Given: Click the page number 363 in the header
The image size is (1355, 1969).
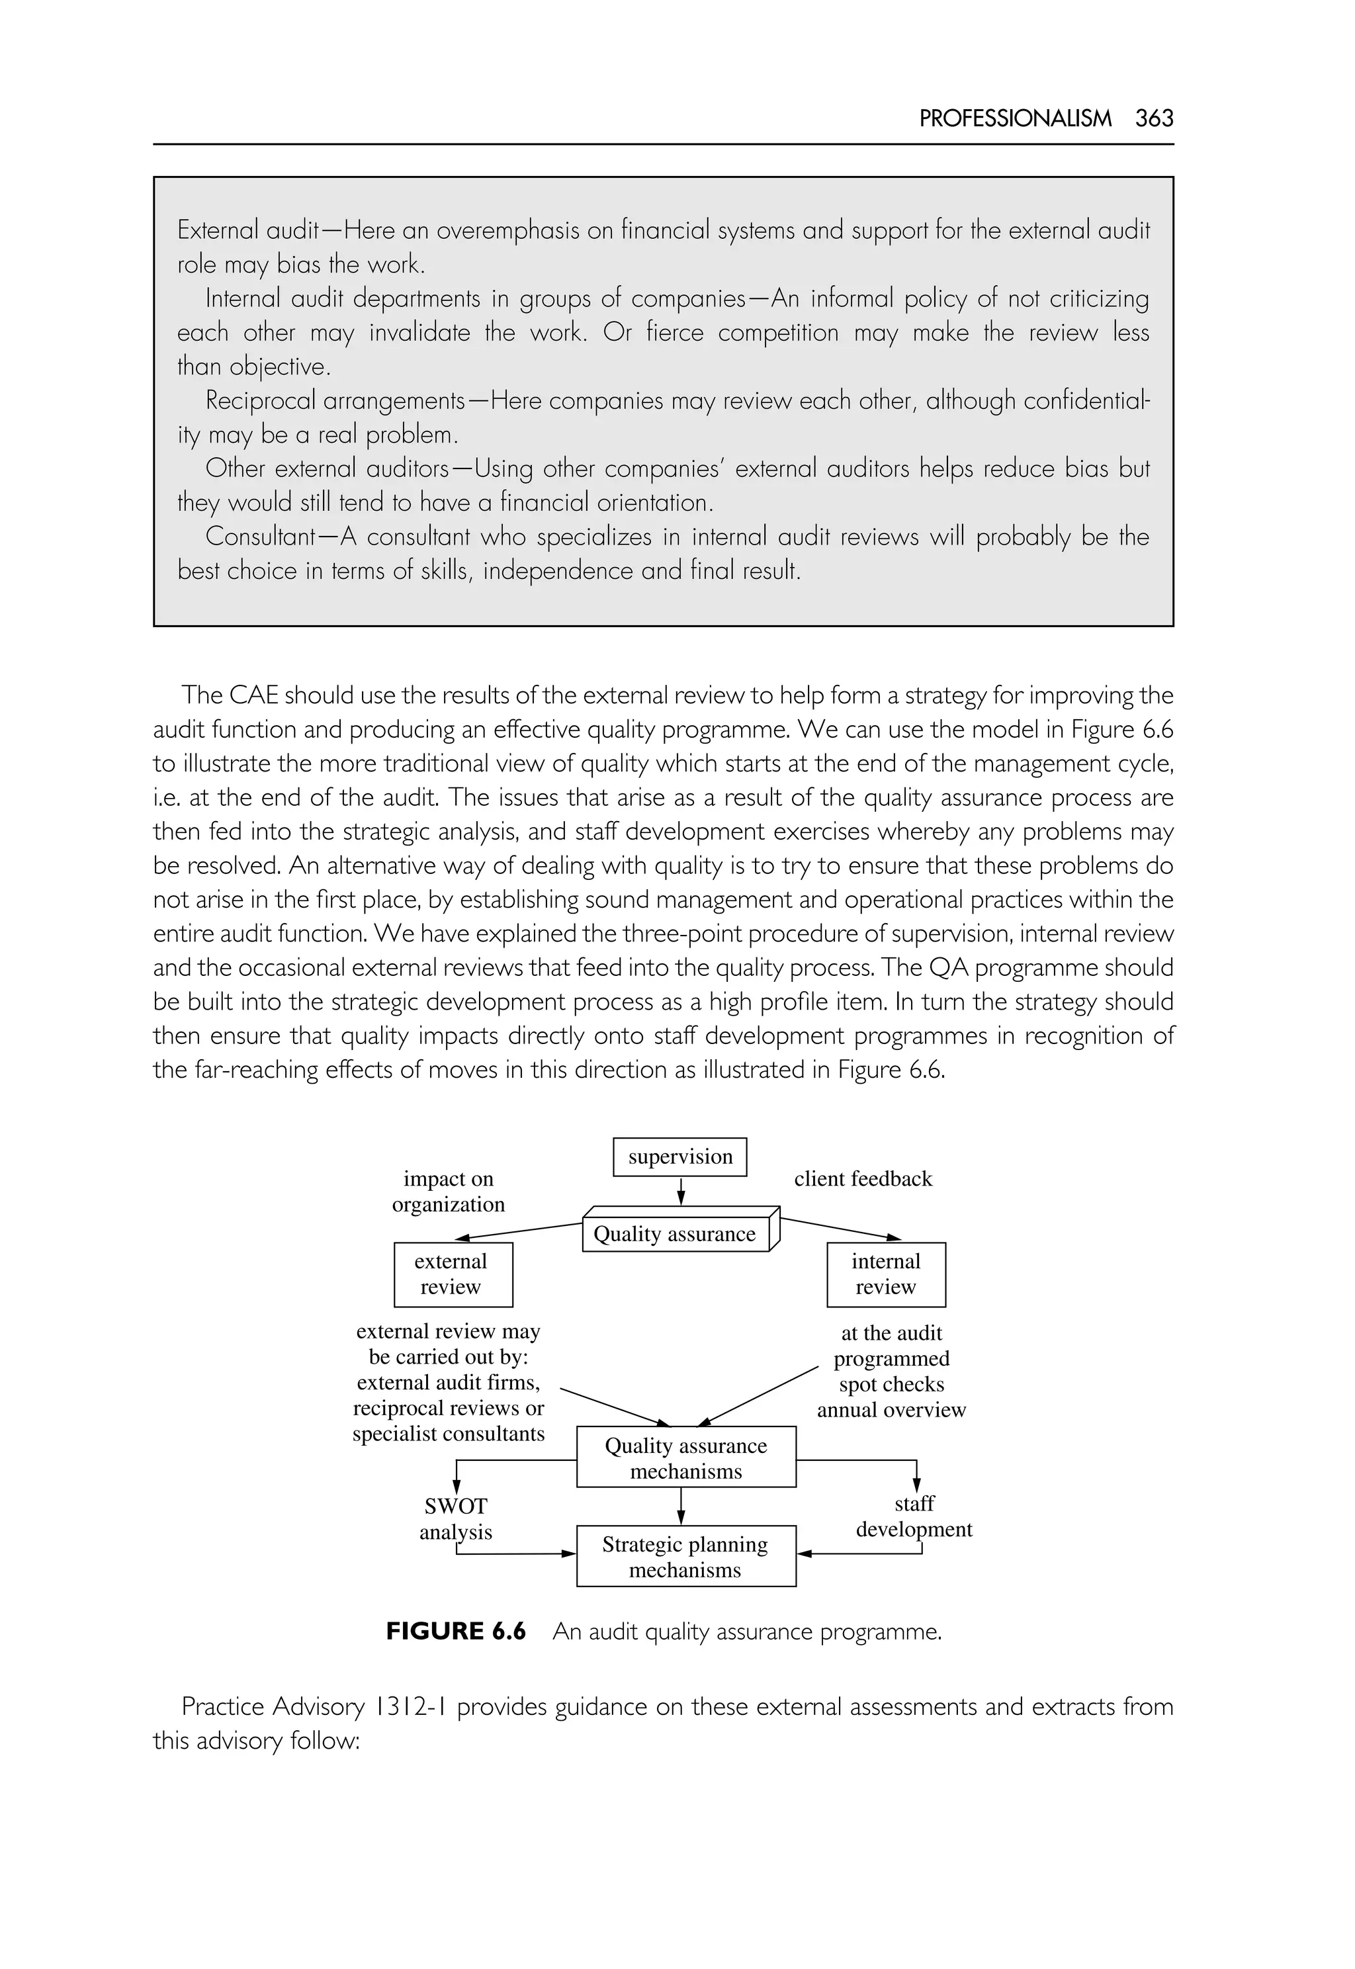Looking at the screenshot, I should pyautogui.click(x=1154, y=118).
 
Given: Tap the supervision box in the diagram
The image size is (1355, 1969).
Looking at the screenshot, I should pyautogui.click(x=679, y=1157).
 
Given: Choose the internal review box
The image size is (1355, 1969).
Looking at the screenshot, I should pyautogui.click(x=885, y=1274).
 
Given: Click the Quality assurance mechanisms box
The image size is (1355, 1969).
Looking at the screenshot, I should pyautogui.click(x=686, y=1458).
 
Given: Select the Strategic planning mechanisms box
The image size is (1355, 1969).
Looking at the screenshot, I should pyautogui.click(x=686, y=1556).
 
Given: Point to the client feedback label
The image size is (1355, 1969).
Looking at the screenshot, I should pyautogui.click(x=863, y=1178).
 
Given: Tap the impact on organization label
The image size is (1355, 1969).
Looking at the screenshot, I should pyautogui.click(x=449, y=1191).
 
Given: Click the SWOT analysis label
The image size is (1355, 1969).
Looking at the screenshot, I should pyautogui.click(x=456, y=1519).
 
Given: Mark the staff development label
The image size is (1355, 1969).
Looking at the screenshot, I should pyautogui.click(x=914, y=1516).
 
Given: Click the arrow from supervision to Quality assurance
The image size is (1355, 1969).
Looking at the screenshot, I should pyautogui.click(x=681, y=1190).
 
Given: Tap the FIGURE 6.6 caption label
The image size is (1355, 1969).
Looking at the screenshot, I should pyautogui.click(x=456, y=1631).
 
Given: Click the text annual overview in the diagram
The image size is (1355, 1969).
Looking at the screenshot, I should pyautogui.click(x=891, y=1411).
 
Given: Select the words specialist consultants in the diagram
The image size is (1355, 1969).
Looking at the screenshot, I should pyautogui.click(x=449, y=1434).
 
